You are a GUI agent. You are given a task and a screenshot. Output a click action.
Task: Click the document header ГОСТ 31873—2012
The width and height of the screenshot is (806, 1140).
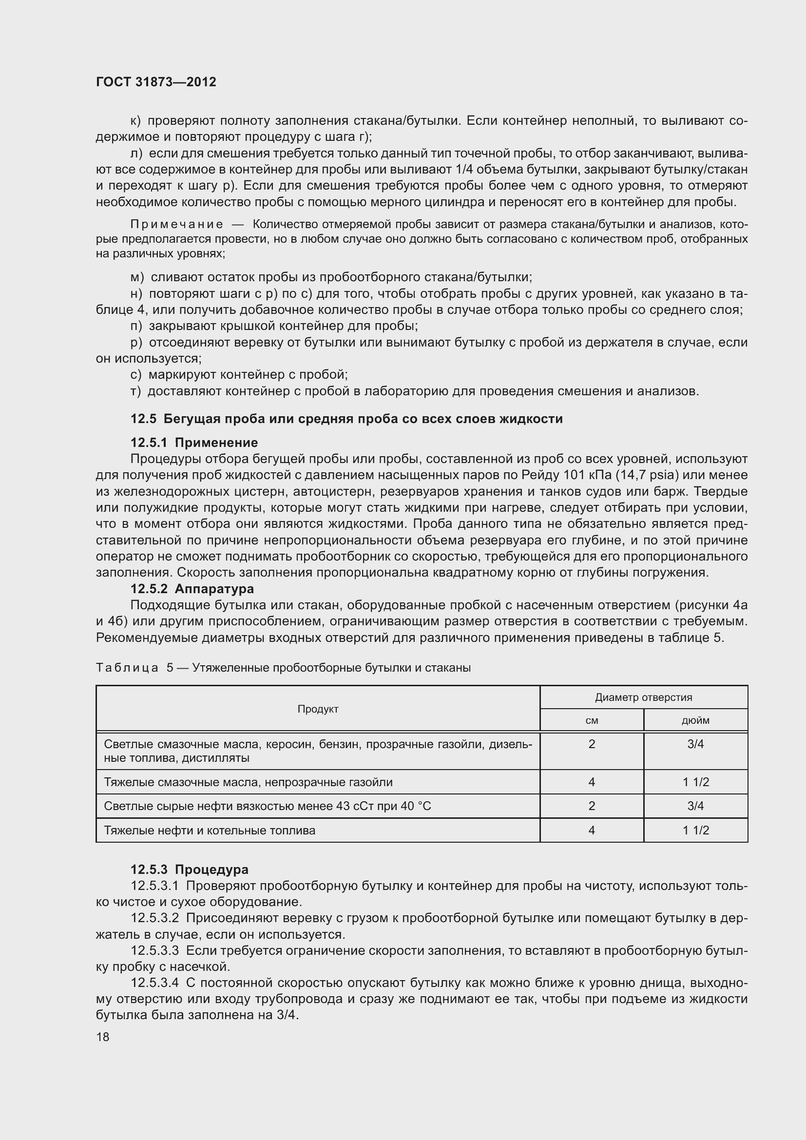point(156,82)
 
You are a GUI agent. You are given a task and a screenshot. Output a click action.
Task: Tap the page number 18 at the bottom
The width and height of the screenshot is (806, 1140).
point(103,1037)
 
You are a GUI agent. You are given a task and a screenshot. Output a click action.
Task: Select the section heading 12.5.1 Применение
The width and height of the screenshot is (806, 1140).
point(194,443)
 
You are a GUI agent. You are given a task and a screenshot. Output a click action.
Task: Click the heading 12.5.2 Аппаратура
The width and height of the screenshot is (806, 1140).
point(192,589)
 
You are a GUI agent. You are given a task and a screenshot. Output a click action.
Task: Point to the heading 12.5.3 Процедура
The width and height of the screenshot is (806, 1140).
point(189,869)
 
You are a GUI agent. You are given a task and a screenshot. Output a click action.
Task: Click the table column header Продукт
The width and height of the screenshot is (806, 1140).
point(318,709)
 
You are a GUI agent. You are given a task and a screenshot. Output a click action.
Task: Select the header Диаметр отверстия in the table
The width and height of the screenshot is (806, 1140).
point(643,697)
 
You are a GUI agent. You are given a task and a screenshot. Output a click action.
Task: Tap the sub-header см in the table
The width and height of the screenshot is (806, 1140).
point(592,720)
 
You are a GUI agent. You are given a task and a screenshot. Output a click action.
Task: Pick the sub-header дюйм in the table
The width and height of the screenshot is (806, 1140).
point(695,720)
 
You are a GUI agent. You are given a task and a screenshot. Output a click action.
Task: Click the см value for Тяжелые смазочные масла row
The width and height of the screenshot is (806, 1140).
point(592,782)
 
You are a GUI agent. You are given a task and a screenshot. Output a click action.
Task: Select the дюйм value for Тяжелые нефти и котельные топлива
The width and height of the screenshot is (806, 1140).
point(695,830)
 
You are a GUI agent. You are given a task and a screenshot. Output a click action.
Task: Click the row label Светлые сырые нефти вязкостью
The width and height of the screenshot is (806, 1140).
point(267,806)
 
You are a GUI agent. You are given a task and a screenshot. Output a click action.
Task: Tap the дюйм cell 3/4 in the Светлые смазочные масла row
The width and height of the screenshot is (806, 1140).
point(695,744)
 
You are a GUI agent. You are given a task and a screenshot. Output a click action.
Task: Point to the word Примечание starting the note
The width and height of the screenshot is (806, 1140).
point(176,225)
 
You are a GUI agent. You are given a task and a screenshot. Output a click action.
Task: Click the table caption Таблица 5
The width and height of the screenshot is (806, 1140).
point(134,668)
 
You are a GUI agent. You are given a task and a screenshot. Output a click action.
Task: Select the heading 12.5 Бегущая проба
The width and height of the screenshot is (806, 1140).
point(346,419)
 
